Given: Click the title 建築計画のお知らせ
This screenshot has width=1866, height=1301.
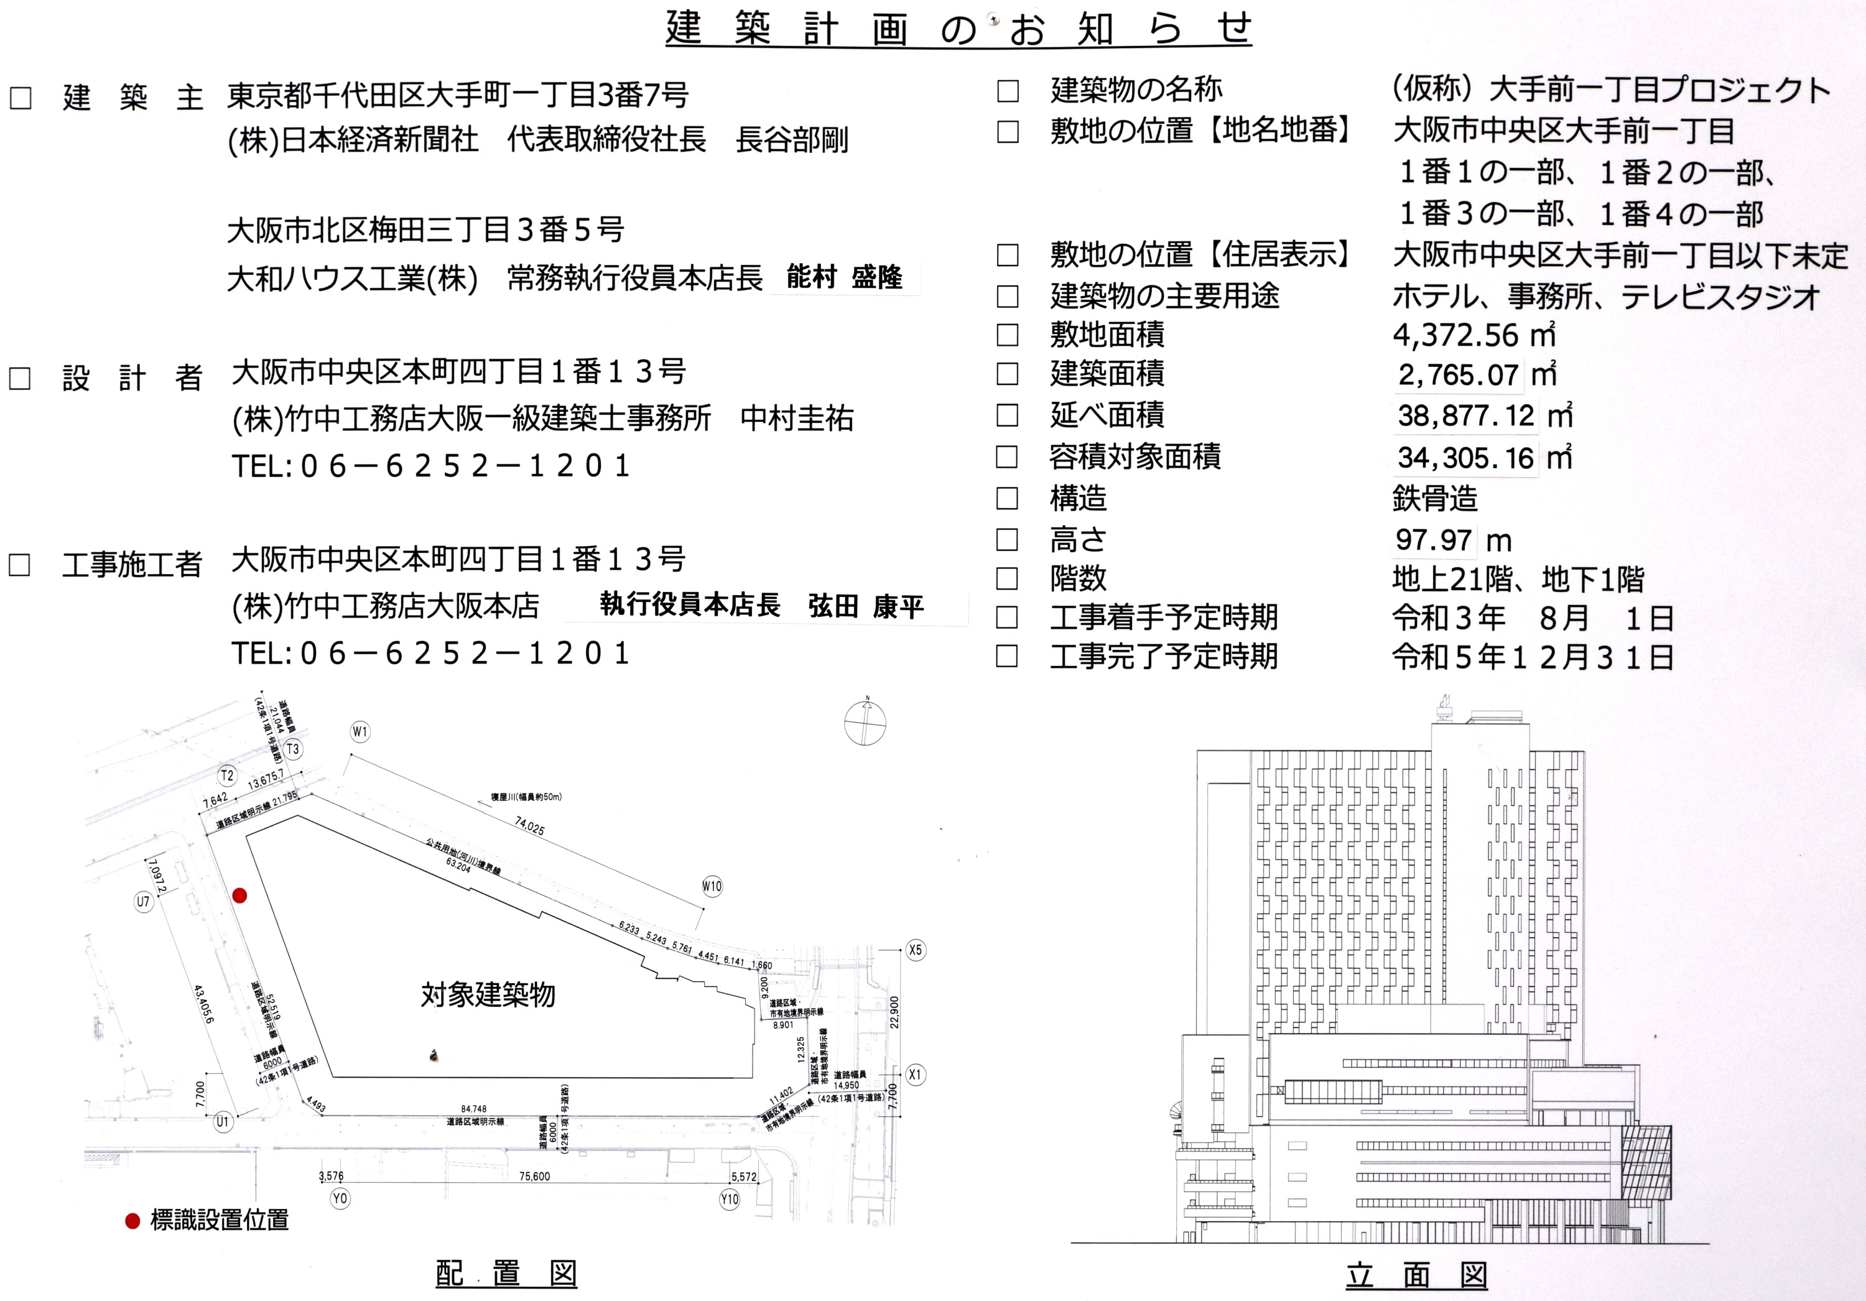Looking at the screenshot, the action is click(x=959, y=29).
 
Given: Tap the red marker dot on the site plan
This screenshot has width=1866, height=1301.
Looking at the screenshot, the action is click(x=239, y=896).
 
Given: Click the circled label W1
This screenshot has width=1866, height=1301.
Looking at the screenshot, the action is click(x=360, y=732).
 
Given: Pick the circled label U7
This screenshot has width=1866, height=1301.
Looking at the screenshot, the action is click(x=144, y=901).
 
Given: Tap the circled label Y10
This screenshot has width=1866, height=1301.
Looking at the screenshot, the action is click(x=730, y=1198).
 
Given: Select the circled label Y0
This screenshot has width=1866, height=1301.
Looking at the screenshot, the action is click(x=340, y=1198).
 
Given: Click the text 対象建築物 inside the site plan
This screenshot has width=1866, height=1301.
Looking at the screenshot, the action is click(x=488, y=994).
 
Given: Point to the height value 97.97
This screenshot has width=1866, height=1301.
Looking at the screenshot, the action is click(x=1434, y=540).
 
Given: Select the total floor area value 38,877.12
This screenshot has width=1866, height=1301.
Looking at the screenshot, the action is click(x=1465, y=416).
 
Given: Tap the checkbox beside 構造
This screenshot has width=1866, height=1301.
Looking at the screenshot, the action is click(x=1007, y=498).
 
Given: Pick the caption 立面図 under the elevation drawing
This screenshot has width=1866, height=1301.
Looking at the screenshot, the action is click(x=1416, y=1275).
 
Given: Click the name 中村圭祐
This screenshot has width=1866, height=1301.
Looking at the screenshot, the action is click(x=796, y=419).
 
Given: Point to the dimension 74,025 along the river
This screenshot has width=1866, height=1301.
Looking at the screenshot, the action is click(x=530, y=826).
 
